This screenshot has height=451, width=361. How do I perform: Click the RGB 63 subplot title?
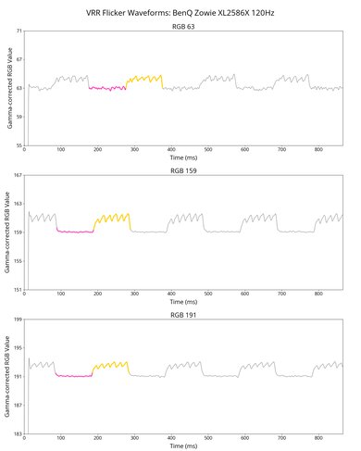(183, 27)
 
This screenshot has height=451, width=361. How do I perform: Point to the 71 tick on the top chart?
(19, 32)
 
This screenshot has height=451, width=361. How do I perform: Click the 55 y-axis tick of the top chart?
(19, 146)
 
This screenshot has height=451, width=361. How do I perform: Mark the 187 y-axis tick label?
(17, 406)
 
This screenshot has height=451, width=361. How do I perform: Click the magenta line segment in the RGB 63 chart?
(107, 89)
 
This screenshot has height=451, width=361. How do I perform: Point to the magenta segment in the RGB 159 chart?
(75, 232)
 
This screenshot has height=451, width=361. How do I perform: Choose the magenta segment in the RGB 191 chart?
(75, 376)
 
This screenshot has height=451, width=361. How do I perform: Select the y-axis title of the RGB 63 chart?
(7, 89)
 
